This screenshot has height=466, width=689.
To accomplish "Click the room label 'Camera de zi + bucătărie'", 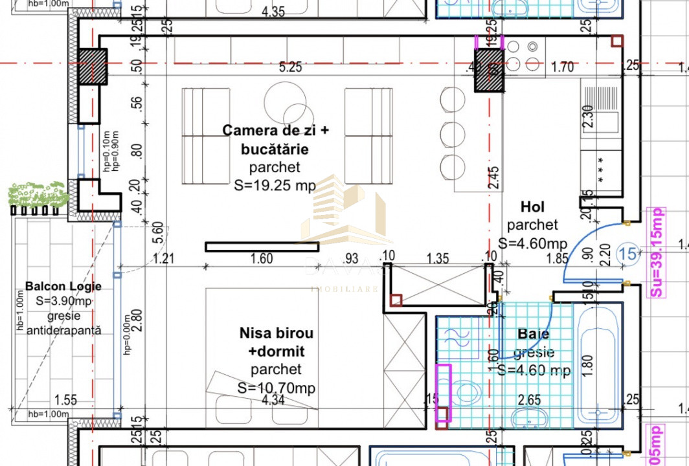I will pos(275,140).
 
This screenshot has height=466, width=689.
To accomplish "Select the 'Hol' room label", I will pos(532,207).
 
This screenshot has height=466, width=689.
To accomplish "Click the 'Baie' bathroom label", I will pos(534,334).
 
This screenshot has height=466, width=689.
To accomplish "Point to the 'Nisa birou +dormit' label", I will pos(277,342).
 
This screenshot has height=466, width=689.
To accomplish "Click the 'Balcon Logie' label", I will pos(63,286).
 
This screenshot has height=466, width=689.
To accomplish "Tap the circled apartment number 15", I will pos(627,253).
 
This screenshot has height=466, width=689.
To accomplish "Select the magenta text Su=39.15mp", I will pos(657,252).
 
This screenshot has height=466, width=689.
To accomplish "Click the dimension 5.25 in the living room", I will pos(290,67).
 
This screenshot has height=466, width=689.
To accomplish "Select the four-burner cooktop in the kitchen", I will pos(523,56).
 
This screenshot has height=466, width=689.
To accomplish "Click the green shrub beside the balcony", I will pos(38,194).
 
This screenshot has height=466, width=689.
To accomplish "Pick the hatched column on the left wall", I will pos(93,67).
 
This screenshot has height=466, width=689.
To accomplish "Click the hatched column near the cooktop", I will pos(489,71).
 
